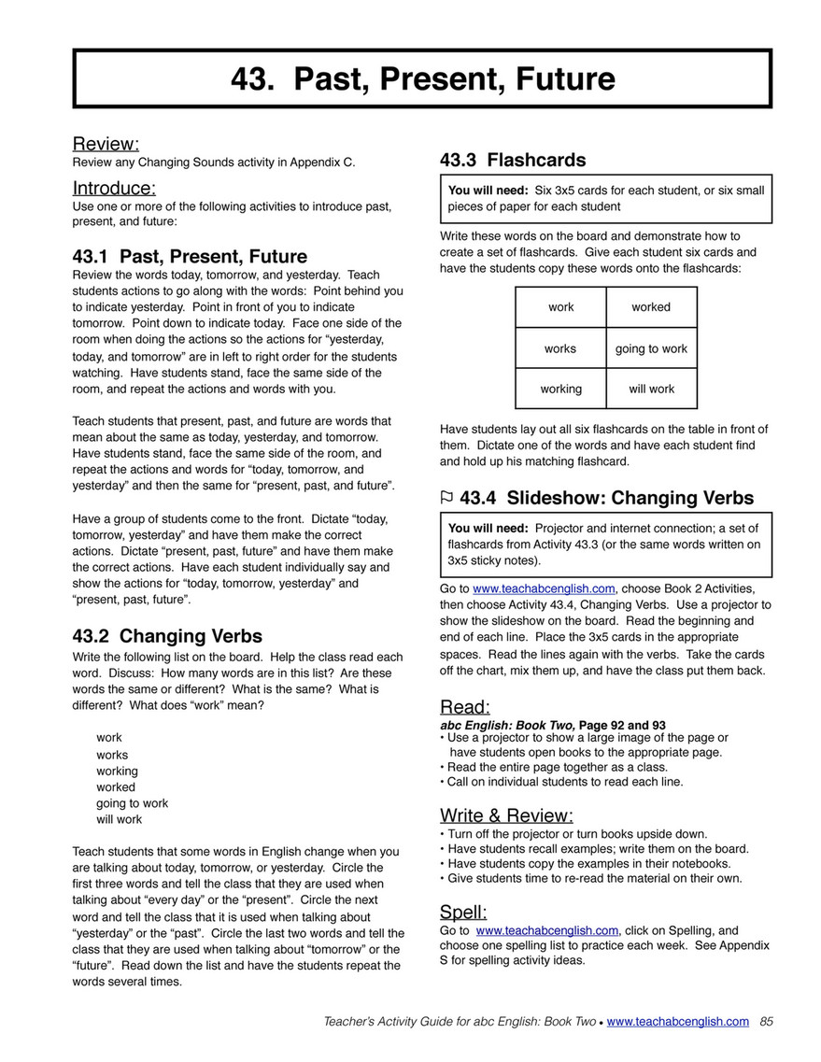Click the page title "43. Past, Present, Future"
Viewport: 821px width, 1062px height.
pos(423,78)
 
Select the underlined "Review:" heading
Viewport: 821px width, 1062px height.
pos(106,144)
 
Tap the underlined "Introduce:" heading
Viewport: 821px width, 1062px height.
pos(114,188)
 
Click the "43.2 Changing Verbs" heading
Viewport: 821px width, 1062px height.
pos(167,636)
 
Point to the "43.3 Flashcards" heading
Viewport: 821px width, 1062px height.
pos(513,160)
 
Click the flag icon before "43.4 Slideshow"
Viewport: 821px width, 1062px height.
pos(446,499)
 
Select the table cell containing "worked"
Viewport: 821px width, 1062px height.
pos(651,307)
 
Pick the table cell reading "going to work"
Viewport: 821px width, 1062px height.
pos(651,348)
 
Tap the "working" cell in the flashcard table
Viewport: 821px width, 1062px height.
pos(560,389)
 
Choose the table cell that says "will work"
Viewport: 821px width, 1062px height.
pos(651,389)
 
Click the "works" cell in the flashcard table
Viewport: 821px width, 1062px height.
pos(560,348)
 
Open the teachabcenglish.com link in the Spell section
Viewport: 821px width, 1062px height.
pos(546,930)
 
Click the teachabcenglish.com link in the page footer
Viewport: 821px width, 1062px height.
pos(677,1022)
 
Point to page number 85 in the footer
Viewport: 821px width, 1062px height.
pos(767,1022)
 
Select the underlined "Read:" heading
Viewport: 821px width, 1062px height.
pos(464,706)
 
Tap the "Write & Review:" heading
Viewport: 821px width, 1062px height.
pos(506,814)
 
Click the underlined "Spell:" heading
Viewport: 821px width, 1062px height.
pos(463,912)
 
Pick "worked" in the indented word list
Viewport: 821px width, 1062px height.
pos(116,787)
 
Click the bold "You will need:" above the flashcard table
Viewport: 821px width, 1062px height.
pos(488,191)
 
